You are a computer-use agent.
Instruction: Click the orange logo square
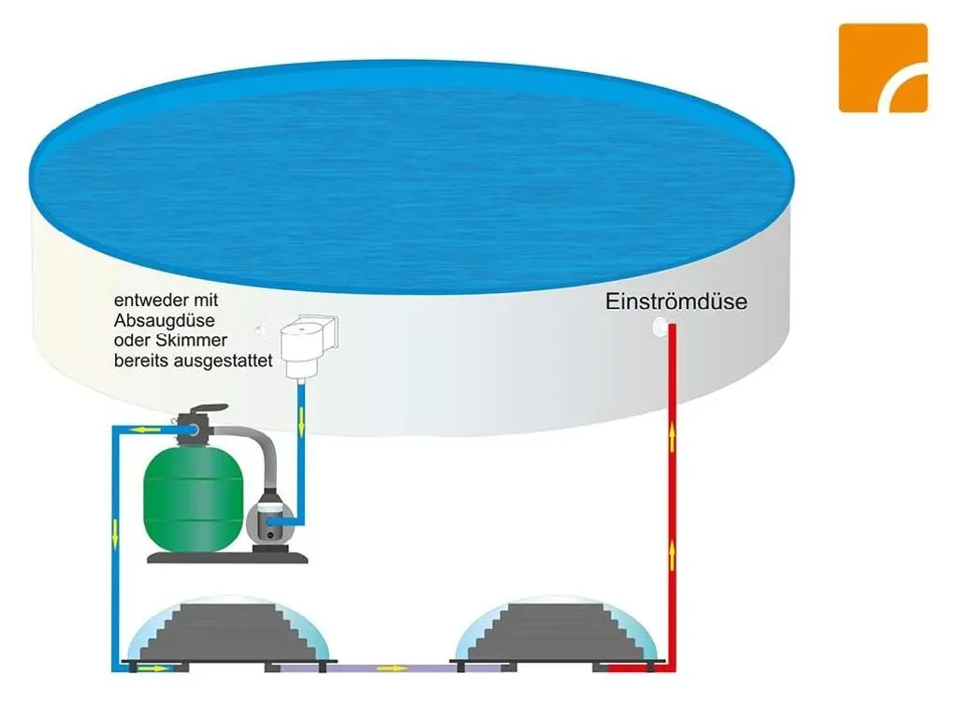[x=883, y=68]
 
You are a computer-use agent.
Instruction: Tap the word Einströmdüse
[x=676, y=301]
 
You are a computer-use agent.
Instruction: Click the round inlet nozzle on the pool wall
[x=660, y=327]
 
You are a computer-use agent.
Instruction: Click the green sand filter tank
[x=194, y=499]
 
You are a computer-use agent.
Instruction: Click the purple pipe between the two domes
[x=391, y=668]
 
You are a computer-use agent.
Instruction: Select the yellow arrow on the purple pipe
[x=392, y=668]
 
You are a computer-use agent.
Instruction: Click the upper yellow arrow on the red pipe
[x=672, y=436]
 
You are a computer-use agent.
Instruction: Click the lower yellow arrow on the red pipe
[x=672, y=555]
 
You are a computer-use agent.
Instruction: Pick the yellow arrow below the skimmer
[x=301, y=422]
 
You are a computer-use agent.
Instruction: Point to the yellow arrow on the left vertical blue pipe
[x=115, y=534]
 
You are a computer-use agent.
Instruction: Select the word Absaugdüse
[x=165, y=320]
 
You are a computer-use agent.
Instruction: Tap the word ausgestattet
[x=224, y=360]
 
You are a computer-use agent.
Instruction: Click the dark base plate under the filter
[x=227, y=557]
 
